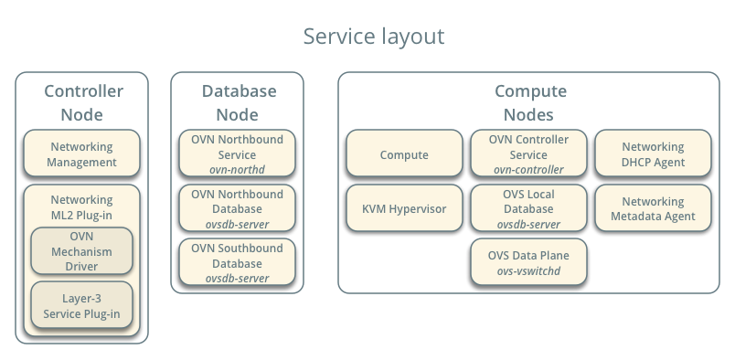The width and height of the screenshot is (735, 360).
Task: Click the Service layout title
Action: coord(373,37)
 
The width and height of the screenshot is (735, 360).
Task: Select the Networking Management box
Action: coord(82,154)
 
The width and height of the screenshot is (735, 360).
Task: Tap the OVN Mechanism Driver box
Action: coord(82,251)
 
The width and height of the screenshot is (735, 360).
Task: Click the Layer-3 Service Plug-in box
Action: coord(82,306)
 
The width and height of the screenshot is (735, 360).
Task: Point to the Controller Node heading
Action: coord(82,102)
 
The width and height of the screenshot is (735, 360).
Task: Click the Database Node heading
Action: coord(237,102)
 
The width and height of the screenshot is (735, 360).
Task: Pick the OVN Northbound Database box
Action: coord(237,207)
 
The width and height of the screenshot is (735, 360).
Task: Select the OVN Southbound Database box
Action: coord(237,262)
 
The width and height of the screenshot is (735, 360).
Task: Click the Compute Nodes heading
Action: coord(530,102)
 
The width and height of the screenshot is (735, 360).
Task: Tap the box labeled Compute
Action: coord(404,154)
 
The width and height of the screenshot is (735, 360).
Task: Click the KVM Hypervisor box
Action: coord(404,208)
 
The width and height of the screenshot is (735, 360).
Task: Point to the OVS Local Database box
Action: coord(528,207)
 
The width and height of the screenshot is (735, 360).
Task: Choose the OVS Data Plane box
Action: coord(528,262)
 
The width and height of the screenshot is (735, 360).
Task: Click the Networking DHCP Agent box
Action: coord(653,154)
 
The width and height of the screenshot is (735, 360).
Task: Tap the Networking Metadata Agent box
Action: coord(653,208)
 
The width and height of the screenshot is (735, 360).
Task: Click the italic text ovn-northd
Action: coord(237,169)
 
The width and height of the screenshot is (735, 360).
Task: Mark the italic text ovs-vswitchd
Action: coord(528,271)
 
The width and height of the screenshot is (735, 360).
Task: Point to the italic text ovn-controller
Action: coord(528,169)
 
